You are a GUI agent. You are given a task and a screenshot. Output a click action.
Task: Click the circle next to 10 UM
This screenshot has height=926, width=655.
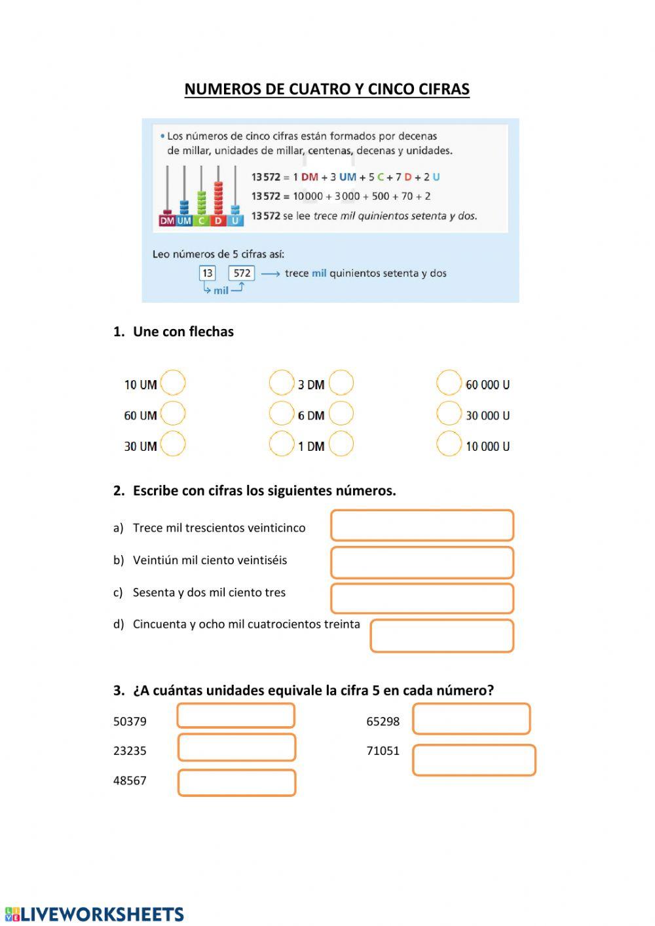pos(173,383)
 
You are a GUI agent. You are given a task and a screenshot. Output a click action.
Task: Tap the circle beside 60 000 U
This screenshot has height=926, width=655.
pos(449,383)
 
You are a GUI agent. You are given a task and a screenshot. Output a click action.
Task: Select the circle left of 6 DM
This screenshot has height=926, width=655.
pos(282,414)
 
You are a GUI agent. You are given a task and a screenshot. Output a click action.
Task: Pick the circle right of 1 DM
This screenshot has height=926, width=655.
pos(341,444)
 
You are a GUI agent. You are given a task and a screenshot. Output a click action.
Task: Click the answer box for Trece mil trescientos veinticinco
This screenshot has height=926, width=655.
pos(422,526)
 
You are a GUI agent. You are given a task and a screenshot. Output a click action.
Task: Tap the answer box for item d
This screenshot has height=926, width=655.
pos(441,636)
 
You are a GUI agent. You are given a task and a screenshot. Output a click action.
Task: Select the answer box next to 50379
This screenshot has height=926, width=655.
pos(236,716)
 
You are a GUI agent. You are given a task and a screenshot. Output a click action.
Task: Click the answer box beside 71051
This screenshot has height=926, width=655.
pos(474,760)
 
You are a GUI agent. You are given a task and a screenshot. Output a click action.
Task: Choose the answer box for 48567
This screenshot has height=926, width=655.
pos(236,782)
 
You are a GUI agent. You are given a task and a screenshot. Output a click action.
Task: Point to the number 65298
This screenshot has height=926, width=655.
pos(383,722)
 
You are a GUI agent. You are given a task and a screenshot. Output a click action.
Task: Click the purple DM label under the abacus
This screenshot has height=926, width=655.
pos(167,221)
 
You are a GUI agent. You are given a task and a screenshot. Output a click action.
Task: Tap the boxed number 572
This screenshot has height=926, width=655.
pos(242,273)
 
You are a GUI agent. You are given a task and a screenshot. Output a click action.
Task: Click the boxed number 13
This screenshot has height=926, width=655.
pos(207,273)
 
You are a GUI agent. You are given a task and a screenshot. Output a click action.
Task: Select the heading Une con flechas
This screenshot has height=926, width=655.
pos(183,332)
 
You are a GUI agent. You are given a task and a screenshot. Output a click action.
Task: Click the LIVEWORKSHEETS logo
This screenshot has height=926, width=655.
pos(95,914)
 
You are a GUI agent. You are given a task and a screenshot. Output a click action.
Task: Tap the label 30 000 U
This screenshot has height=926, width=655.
pos(487,415)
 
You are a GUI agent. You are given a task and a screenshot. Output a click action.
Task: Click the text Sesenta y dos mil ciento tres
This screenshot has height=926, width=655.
pos(209,592)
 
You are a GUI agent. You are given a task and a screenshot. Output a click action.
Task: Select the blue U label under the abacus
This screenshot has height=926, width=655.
pos(235,221)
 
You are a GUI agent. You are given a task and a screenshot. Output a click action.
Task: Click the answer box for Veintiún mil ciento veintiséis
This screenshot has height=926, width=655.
pos(422,562)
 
